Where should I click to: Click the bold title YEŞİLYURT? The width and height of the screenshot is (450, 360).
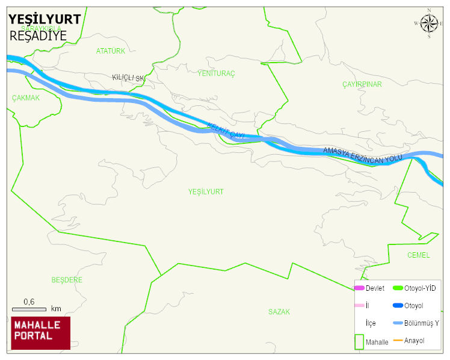coord(44,19)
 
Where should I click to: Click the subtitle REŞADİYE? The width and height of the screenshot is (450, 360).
coord(38,36)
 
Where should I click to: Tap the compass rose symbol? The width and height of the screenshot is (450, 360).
coord(428,23)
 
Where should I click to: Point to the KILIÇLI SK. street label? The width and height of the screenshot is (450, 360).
coord(129,78)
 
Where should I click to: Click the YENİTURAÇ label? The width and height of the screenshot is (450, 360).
coord(216,73)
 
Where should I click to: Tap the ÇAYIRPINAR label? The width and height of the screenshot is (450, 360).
coord(362,84)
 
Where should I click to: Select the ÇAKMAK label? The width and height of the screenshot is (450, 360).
coord(25,98)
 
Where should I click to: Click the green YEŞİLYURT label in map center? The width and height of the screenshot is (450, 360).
coord(206,191)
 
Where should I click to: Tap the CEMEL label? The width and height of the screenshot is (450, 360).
coord(418,255)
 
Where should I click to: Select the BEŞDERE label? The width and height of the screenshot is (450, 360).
coord(67,280)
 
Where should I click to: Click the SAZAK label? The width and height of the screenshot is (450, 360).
coord(279,312)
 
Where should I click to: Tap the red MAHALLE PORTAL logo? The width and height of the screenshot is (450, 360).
coord(41,333)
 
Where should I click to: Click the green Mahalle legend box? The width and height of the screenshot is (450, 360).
coord(359,341)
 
